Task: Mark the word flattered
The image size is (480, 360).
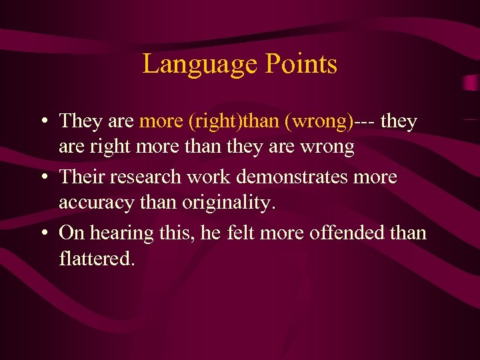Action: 97,257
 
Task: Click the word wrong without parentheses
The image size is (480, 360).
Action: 325,147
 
